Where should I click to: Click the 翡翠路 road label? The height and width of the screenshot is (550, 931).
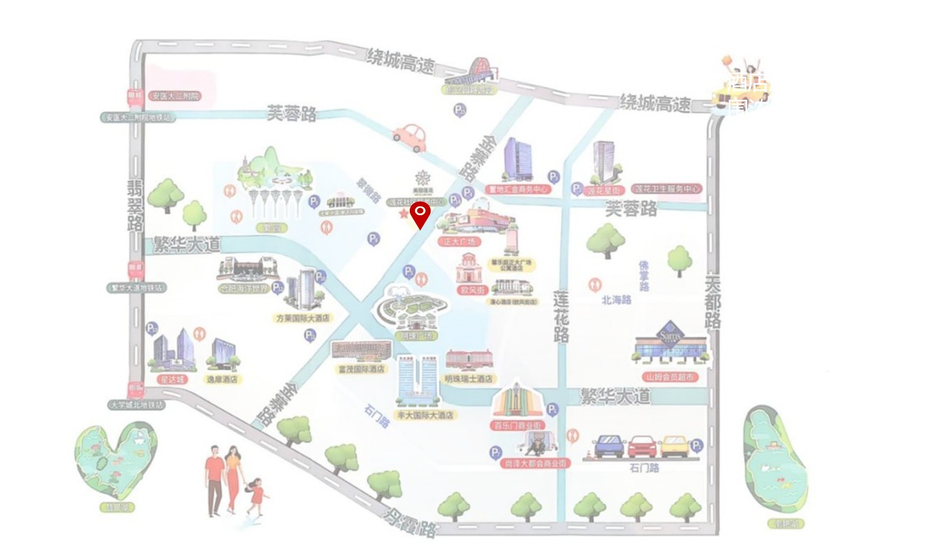point(135,205)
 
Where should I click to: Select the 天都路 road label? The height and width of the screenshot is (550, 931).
point(712,302)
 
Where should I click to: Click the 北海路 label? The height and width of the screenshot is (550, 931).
point(616,300)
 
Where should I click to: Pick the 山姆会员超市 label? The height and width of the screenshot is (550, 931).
point(670,377)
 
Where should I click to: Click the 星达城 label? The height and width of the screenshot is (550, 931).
point(172,379)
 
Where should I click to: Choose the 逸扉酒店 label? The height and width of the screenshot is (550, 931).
point(221,379)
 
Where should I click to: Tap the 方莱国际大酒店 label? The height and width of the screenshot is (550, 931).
point(303,318)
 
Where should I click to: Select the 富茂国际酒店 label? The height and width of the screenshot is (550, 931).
point(361,369)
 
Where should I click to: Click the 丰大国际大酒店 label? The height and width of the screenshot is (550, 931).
point(426,415)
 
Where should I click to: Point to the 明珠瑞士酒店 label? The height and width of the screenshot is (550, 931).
point(468,379)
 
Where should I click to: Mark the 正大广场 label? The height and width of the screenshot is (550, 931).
point(459,241)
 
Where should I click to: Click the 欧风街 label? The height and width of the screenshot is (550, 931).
point(472,290)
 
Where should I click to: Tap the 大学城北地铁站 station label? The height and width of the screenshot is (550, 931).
point(137,405)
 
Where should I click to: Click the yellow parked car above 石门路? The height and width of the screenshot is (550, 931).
point(674,447)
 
